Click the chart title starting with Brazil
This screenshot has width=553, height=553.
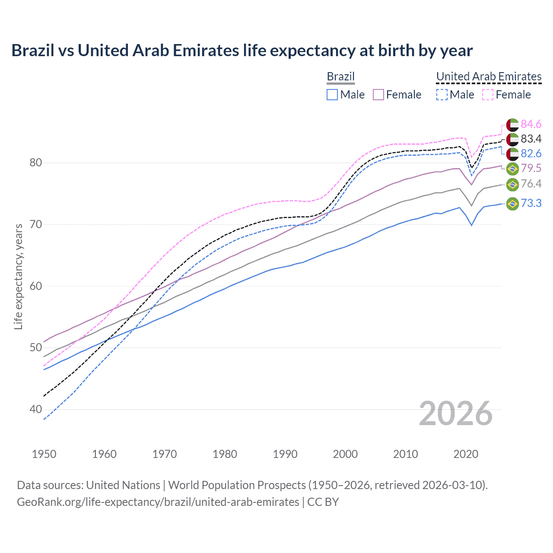(x=242, y=51)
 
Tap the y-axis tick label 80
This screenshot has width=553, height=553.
(x=36, y=163)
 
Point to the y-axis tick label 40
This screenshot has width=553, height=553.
(x=36, y=409)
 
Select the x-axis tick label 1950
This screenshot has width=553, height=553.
(x=44, y=454)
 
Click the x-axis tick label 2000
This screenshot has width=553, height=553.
(x=345, y=454)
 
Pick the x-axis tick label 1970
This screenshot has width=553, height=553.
(x=165, y=454)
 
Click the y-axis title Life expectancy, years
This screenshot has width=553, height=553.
(x=19, y=276)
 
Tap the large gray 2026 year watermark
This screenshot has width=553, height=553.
(x=455, y=413)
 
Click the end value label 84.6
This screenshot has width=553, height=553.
(x=531, y=124)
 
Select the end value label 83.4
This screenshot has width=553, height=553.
(x=531, y=139)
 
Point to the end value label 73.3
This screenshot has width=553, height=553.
(x=531, y=203)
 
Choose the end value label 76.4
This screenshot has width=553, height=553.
(x=531, y=184)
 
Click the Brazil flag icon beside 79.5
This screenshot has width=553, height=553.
(x=512, y=168)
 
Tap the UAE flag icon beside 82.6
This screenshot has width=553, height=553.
(x=512, y=154)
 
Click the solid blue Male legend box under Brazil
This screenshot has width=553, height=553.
(x=332, y=95)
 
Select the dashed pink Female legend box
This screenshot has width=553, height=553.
(x=488, y=95)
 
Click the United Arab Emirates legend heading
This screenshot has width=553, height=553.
(x=489, y=76)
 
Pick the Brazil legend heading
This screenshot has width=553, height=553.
(x=340, y=76)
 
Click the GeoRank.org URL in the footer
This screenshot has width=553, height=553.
(x=158, y=502)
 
